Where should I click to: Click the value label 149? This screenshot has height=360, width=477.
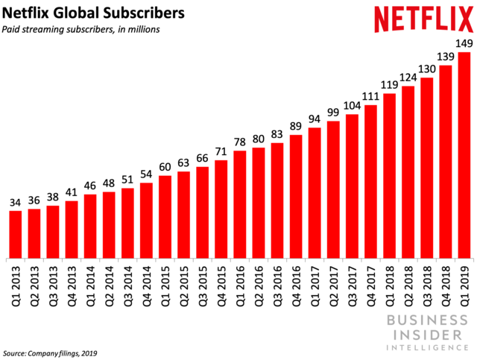point(464,42)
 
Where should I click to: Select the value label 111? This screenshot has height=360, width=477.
point(370,95)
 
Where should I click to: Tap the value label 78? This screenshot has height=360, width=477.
point(240,142)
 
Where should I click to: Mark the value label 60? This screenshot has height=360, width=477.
point(165,167)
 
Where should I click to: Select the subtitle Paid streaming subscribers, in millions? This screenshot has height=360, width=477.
point(81,30)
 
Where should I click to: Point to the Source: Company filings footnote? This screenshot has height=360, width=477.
point(50,353)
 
